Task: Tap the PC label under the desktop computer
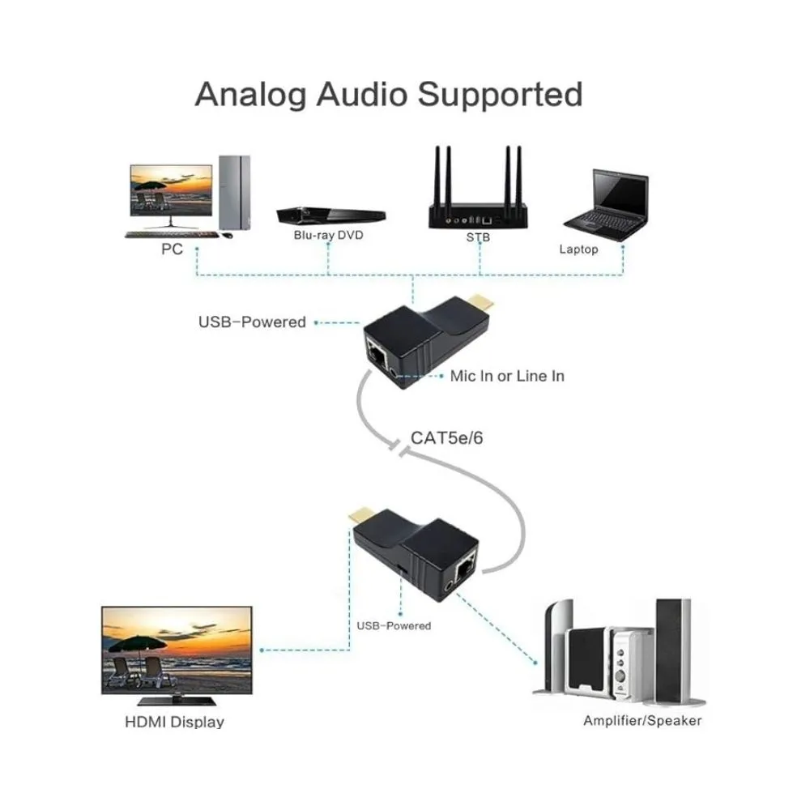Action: (x=172, y=249)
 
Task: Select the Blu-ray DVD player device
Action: (x=330, y=213)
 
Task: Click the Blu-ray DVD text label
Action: (x=329, y=236)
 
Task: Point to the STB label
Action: (x=479, y=238)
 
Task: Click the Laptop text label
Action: (x=578, y=249)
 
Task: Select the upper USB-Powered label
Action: (x=252, y=322)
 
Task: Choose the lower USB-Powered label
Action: (x=394, y=625)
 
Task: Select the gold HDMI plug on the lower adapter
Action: (x=356, y=515)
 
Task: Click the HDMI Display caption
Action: (x=174, y=721)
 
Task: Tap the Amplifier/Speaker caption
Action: (x=642, y=720)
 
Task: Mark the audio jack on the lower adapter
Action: (x=444, y=586)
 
